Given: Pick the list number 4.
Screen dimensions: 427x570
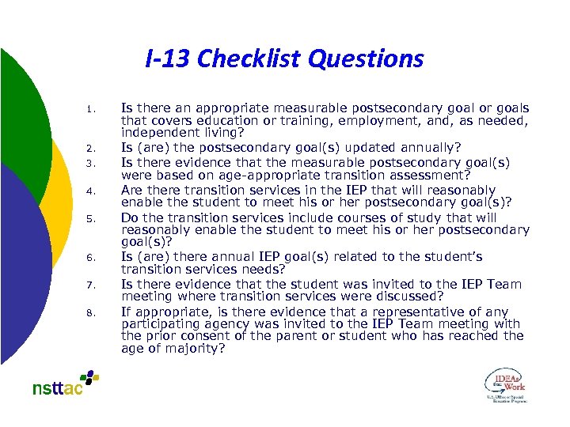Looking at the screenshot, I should click(92, 191).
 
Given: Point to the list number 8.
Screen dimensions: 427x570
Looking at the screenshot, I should click(92, 313).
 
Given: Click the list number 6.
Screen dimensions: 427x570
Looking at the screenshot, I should click(92, 258).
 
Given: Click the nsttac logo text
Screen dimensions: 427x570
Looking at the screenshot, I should click(58, 387).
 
